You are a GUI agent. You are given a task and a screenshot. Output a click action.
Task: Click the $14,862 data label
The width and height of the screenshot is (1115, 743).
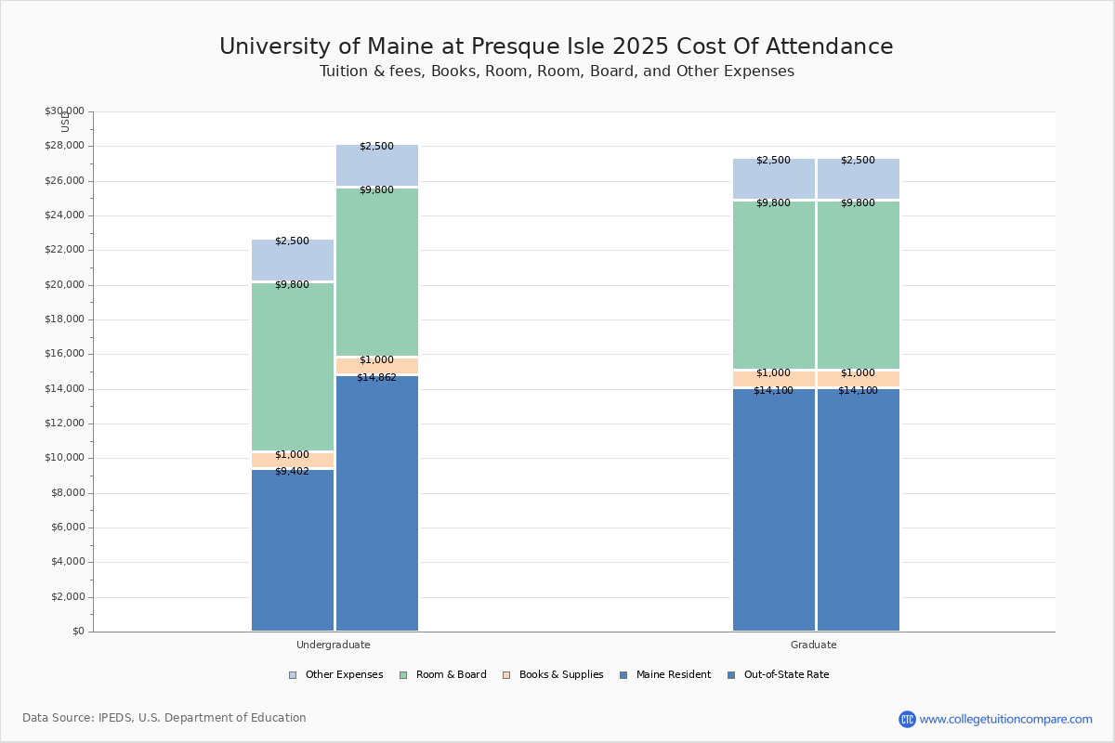coord(376,378)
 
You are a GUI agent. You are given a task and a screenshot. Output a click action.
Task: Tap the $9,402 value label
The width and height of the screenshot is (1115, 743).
coord(292,472)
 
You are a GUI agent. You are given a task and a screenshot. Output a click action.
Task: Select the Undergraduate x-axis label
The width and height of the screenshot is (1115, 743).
coord(333,645)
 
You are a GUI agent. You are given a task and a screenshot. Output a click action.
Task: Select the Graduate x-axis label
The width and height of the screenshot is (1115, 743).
coord(813,645)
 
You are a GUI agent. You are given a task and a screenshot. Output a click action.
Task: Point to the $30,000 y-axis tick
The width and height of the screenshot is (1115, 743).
coord(64,111)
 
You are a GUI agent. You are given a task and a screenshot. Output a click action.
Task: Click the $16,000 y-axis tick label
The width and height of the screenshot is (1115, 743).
coord(64,354)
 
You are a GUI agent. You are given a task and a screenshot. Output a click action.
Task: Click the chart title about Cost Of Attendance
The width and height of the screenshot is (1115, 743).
coord(556,47)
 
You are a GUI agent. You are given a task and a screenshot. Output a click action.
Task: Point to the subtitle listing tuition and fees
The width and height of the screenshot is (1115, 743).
coord(556,72)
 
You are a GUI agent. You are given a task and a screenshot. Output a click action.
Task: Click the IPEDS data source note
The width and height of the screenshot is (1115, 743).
coord(164,718)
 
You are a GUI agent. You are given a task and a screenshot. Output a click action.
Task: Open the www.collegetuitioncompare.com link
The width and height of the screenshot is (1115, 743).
coord(1005,719)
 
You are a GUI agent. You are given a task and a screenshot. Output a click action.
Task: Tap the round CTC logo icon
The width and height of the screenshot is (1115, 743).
coord(907,719)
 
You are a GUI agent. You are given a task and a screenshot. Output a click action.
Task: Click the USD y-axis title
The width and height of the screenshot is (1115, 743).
coord(65,122)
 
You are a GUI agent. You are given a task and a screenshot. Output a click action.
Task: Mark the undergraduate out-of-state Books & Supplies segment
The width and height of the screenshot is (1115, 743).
coord(376,366)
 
